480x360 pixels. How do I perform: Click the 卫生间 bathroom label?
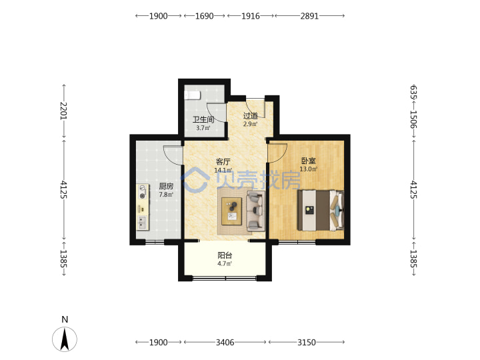203,119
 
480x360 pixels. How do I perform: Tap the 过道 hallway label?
251,116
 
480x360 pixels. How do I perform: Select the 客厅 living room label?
223,161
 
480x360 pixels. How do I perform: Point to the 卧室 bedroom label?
308,161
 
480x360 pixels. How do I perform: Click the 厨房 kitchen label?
166,186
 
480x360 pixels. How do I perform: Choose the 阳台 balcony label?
225,255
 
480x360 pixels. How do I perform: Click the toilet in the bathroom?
192,95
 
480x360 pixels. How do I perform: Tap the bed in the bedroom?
321,210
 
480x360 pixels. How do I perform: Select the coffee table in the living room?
232,211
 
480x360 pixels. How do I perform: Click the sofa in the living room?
255,211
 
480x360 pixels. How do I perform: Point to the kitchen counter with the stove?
143,207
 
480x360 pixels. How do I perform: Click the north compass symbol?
65,339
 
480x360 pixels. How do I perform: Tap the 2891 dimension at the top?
309,16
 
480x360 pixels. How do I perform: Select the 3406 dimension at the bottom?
225,342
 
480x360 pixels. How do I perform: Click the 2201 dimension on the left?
63,111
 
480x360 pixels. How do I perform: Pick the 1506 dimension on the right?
413,119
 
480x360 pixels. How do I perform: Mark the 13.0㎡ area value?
309,169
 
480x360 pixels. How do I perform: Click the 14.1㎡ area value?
223,170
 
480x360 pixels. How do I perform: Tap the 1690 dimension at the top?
205,16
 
